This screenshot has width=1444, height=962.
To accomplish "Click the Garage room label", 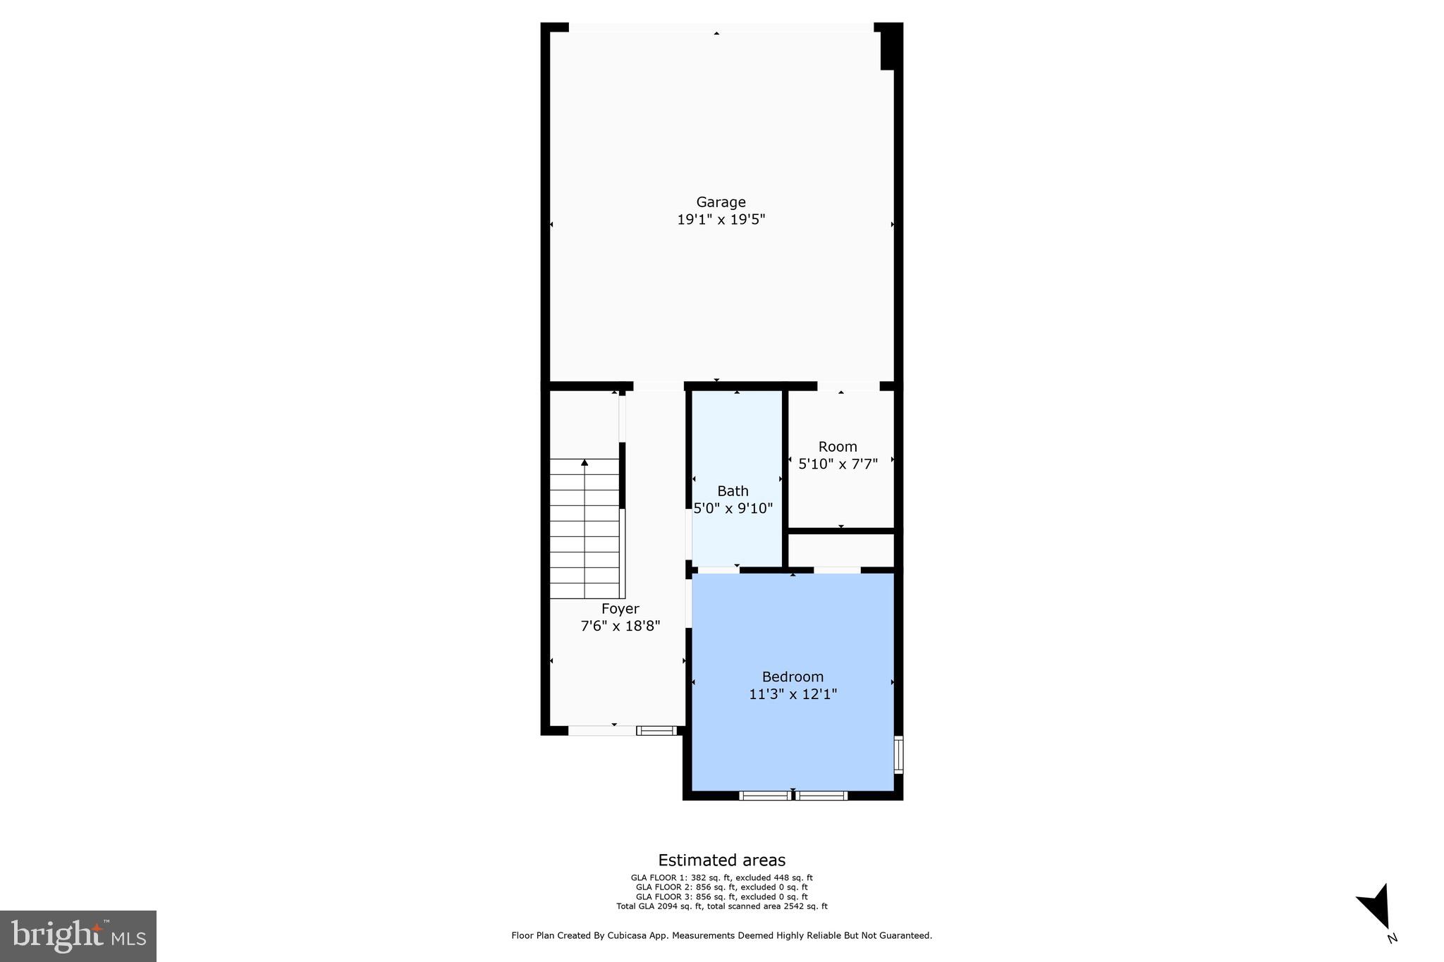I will pos(721,202).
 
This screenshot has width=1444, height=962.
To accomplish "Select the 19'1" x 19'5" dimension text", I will pos(721,220).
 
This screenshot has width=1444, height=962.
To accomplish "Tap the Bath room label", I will pos(733,491).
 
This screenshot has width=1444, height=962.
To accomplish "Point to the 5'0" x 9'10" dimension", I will pos(733,508).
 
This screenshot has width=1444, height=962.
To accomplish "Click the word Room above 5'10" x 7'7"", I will pos(838,447).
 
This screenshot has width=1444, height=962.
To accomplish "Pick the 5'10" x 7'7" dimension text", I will pos(838,464).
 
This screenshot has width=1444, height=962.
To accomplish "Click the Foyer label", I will pos(620,609).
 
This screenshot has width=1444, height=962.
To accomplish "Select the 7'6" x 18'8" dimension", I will pos(620,626).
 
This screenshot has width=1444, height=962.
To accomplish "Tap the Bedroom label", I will pos(793,677).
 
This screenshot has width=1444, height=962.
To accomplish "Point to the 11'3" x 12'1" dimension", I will pos(793,694).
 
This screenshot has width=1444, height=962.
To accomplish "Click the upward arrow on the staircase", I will pos(585,463).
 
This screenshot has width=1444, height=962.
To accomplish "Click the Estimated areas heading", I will pos(721,860).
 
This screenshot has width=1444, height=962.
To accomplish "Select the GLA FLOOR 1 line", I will pos(721,877).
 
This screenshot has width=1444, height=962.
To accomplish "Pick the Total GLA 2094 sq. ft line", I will pos(721,906).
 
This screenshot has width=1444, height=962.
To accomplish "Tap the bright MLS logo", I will pos(78,936).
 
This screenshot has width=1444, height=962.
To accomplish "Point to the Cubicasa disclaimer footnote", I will pos(721,936).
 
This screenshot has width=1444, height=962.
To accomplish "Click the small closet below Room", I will pos(840,550).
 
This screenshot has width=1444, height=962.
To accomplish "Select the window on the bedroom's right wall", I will pos(898,755).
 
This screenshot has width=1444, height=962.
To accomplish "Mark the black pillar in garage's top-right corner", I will pos(891,48).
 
